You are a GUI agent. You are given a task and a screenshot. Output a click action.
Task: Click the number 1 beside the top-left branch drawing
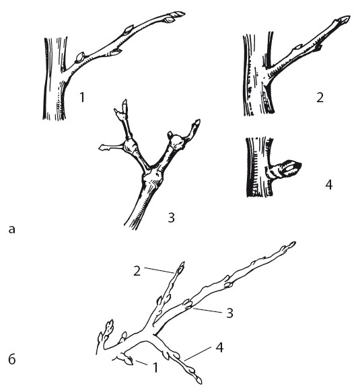(x=82, y=97)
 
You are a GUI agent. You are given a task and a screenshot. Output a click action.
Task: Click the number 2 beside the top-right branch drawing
(x=320, y=97)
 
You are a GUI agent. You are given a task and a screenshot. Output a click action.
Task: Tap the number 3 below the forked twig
(x=172, y=218)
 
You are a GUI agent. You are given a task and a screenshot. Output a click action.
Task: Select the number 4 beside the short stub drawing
(x=329, y=185)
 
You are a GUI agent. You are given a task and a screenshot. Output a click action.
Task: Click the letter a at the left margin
(x=11, y=229)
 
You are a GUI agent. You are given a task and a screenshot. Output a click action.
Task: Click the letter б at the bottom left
(x=12, y=360)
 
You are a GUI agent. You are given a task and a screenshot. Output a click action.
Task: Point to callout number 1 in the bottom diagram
(x=155, y=367)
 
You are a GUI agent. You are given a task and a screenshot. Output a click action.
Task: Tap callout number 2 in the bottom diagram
(x=137, y=271)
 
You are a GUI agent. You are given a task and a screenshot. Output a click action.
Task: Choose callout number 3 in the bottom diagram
(x=229, y=313)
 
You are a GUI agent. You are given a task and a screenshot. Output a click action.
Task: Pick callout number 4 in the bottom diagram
(x=219, y=348)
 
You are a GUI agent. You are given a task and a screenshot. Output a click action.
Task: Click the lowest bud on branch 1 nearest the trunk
(x=80, y=57)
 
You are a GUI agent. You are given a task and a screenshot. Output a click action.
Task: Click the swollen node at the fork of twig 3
(x=152, y=178)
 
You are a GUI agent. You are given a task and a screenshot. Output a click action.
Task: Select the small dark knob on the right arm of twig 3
(x=170, y=134)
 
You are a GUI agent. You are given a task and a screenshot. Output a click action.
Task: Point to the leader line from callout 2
(x=159, y=270)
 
